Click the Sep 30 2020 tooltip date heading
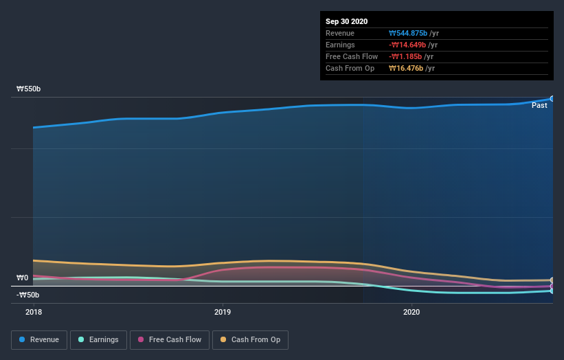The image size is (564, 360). [346, 21]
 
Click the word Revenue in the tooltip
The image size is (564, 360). [340, 33]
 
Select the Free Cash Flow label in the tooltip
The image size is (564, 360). [352, 56]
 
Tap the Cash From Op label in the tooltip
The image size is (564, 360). [348, 68]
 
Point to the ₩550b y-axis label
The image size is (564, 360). [29, 89]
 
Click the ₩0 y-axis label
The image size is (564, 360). [23, 278]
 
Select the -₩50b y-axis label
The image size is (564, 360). [28, 295]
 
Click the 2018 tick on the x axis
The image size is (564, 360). [33, 312]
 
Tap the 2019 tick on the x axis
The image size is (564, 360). [223, 312]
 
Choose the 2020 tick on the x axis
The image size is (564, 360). [411, 312]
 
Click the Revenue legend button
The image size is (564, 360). [40, 339]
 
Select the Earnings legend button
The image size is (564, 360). [99, 339]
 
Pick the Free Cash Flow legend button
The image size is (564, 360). [169, 339]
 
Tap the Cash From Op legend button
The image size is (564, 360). [251, 339]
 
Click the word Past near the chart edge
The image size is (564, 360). [539, 105]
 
